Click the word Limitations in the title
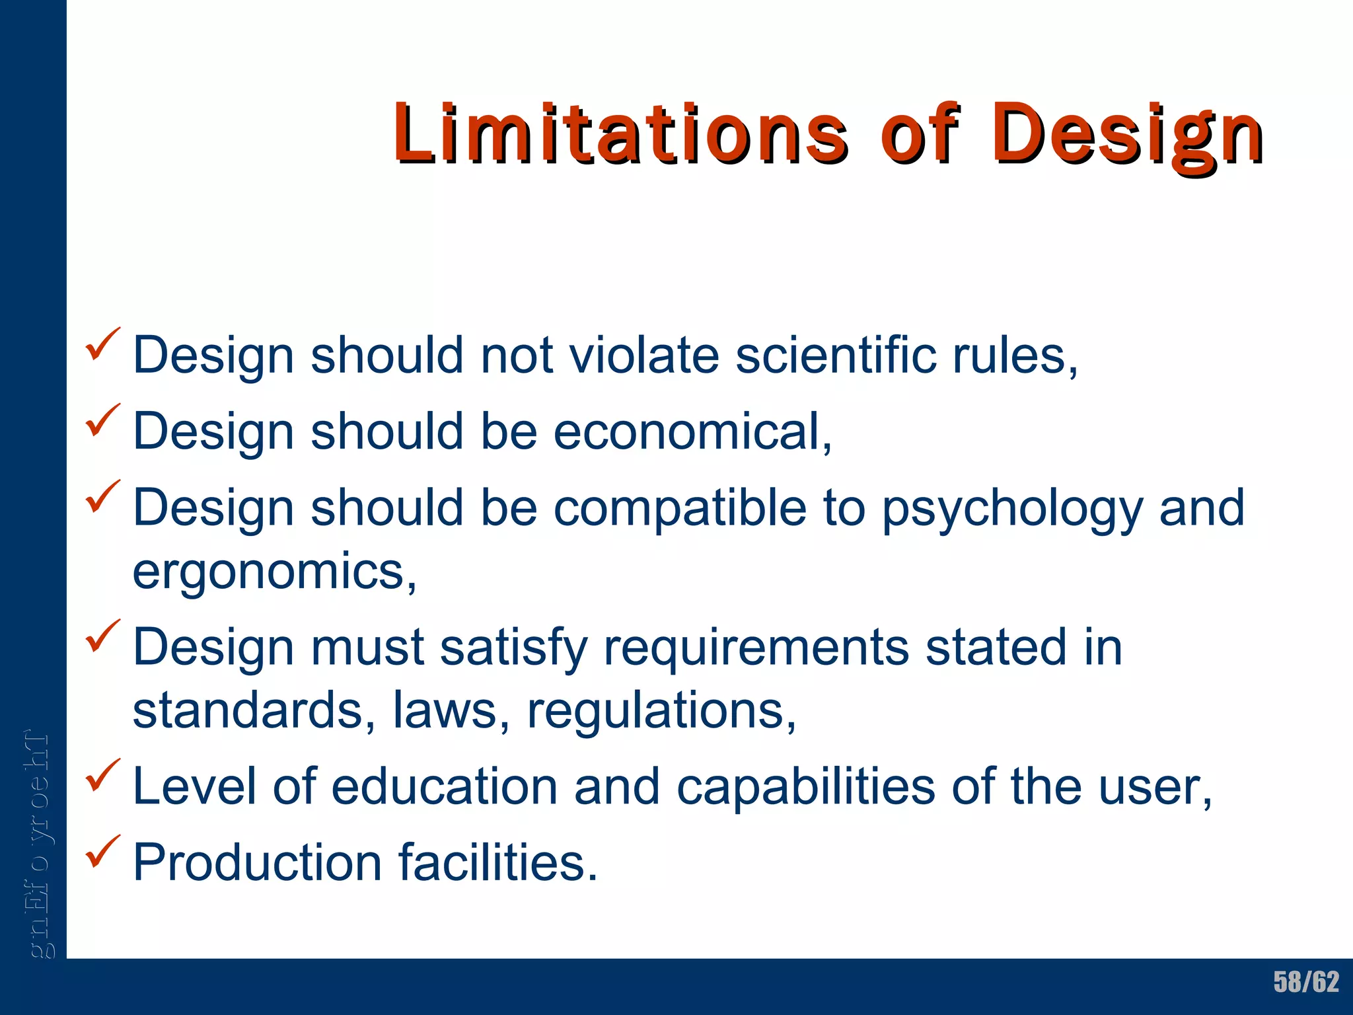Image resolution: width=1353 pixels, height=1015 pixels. pos(620,133)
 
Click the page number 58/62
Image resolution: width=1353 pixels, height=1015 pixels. pos(1306,982)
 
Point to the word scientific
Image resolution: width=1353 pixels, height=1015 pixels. pos(836,356)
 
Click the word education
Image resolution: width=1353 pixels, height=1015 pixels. pos(444,786)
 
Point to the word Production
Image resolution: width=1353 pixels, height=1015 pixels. pos(258,862)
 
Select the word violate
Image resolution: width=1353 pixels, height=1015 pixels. pos(643,356)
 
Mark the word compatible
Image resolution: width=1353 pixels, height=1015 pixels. pos(680,507)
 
